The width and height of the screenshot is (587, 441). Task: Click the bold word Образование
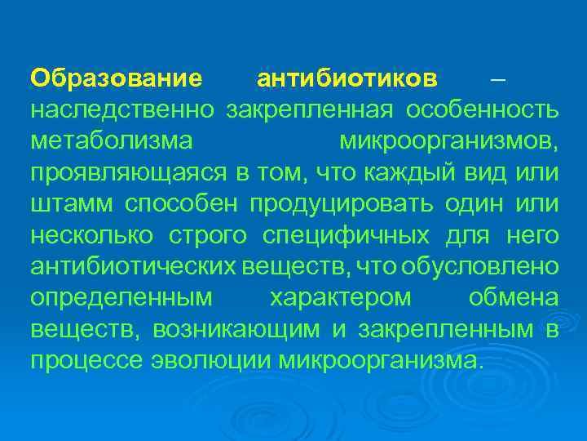click(116, 79)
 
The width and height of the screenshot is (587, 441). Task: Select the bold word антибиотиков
click(347, 79)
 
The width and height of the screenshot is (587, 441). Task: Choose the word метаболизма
click(112, 140)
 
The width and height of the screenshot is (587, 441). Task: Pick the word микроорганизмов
click(448, 140)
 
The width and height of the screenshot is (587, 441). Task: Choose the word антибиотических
click(135, 267)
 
